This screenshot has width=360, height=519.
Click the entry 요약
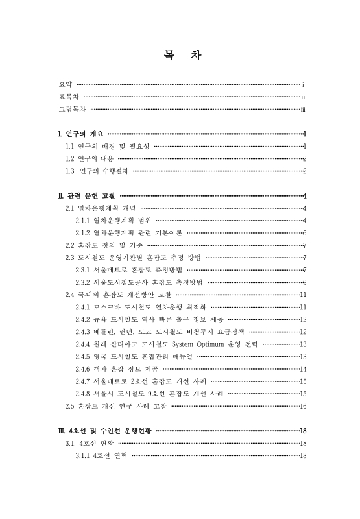(64, 84)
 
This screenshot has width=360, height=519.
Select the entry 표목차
(68, 97)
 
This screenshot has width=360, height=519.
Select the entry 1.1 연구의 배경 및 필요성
(108, 146)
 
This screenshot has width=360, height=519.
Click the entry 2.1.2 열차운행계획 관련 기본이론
(129, 232)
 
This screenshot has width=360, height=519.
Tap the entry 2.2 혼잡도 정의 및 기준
(104, 245)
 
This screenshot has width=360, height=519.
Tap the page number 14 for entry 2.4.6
(303, 368)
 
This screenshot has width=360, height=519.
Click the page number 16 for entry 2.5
(303, 406)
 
